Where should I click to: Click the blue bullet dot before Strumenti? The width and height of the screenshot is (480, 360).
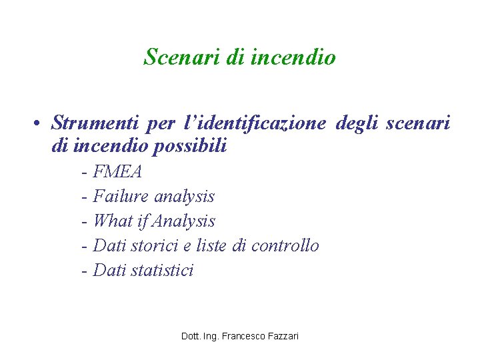tap(41, 124)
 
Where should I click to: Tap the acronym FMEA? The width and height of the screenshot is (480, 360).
tap(118, 172)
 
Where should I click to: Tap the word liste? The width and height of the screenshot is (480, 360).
tap(212, 245)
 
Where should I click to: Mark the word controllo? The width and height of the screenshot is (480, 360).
tap(285, 245)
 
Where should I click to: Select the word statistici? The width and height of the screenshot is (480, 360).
tap(162, 270)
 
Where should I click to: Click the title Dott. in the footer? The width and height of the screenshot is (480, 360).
tap(191, 336)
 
